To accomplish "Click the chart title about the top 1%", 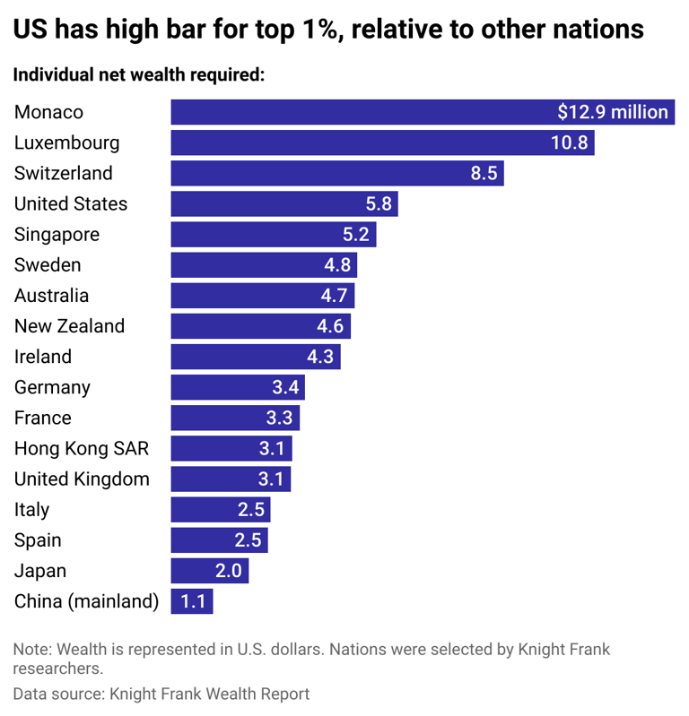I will click(x=328, y=29).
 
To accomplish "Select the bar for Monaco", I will click(x=359, y=112).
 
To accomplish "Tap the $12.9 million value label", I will click(x=613, y=112).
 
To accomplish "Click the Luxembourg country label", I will click(x=66, y=142).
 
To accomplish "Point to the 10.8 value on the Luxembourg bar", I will click(x=569, y=142).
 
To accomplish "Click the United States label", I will click(x=71, y=203).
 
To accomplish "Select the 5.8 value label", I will click(x=379, y=203).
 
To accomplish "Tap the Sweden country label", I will click(x=48, y=265).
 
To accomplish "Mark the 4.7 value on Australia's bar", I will click(x=336, y=296).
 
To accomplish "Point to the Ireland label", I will click(x=43, y=357).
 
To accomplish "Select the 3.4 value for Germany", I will click(x=285, y=387).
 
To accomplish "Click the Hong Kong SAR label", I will click(x=82, y=448).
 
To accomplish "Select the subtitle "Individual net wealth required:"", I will click(x=139, y=74).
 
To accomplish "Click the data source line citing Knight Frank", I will click(x=161, y=694).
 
